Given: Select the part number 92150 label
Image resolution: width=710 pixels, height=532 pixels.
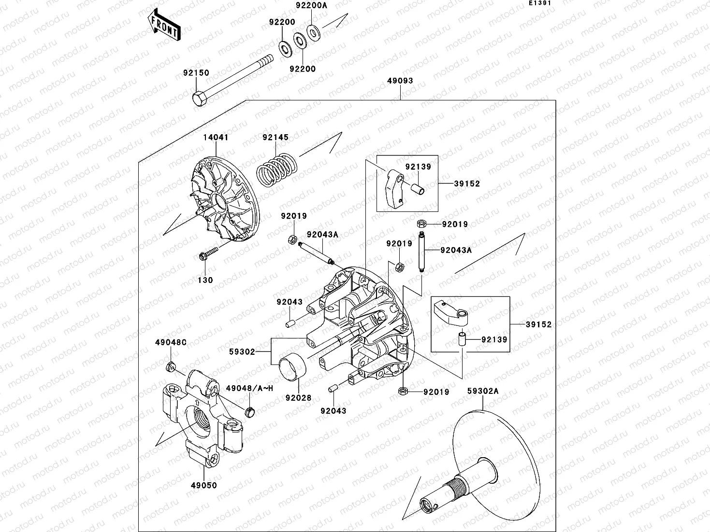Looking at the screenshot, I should click(x=196, y=73).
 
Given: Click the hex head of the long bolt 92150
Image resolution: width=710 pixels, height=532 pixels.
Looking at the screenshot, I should click(x=199, y=98).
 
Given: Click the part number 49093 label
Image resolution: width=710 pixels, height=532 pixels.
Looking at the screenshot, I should click(x=400, y=81).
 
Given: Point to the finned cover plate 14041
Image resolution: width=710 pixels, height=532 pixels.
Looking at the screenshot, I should click(x=223, y=198).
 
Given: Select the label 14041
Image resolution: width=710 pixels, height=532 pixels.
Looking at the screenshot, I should click(x=216, y=138).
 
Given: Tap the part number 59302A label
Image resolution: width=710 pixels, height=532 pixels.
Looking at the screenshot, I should click(x=482, y=392).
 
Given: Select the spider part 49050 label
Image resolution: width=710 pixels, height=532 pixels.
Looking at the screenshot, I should click(x=203, y=485).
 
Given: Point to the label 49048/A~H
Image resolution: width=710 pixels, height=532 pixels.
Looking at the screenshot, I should click(x=246, y=388).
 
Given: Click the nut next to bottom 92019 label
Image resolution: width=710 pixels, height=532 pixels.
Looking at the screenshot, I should click(x=403, y=391).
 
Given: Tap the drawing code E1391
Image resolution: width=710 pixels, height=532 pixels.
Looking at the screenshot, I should click(x=539, y=3).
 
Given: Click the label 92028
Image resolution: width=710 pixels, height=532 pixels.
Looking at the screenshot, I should click(x=298, y=398).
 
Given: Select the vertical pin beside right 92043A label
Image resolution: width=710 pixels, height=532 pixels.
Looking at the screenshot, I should click(x=422, y=252).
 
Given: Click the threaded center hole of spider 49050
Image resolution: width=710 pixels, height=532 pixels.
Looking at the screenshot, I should click(x=200, y=416).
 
